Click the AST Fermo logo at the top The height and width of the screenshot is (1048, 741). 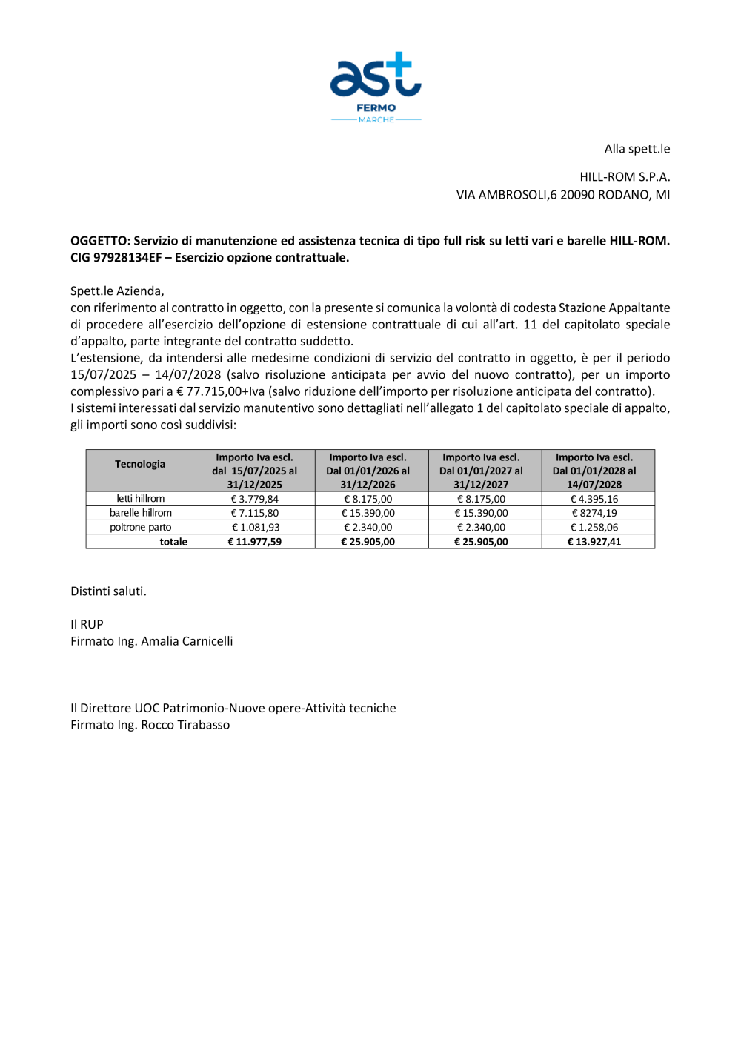(376, 86)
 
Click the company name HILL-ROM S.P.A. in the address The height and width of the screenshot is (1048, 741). (625, 177)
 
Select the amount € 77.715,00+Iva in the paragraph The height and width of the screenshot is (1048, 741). (219, 391)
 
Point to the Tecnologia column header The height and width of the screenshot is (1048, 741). (140, 464)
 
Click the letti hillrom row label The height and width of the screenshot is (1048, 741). (141, 499)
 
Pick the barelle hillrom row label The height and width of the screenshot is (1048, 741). (141, 513)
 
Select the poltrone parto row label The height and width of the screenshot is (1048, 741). (141, 528)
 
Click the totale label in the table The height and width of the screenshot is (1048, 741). (173, 542)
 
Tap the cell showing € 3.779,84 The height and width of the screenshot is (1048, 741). (255, 499)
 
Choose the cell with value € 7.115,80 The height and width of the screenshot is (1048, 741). (255, 513)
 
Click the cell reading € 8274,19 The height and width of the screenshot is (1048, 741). (594, 513)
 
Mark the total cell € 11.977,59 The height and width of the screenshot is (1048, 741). (255, 542)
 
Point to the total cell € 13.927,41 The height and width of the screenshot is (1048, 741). (594, 542)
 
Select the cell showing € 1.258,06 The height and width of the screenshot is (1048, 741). (594, 528)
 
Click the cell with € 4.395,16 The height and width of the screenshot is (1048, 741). (594, 499)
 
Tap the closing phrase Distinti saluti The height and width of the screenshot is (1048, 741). (108, 591)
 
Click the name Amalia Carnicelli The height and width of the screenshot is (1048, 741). (187, 641)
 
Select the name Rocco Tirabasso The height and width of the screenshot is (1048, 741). (185, 725)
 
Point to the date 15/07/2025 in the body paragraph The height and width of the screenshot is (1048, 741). (104, 375)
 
